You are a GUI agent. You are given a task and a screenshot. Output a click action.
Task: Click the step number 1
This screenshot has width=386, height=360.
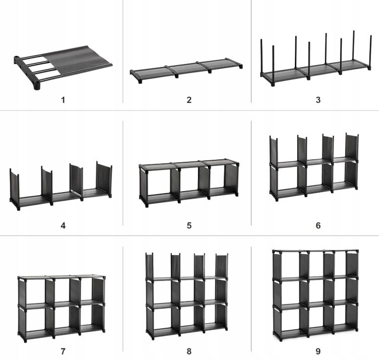click(x=63, y=100)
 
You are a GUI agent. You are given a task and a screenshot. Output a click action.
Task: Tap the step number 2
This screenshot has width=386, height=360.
click(x=189, y=100)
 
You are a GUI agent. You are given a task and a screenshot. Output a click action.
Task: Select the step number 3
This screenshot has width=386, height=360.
click(x=318, y=100)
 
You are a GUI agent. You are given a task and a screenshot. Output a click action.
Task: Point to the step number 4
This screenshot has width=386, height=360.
click(x=63, y=225)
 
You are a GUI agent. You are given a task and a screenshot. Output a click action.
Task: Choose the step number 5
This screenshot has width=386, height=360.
click(x=189, y=225)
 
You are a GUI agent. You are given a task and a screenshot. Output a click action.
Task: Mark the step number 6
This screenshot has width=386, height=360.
click(x=318, y=225)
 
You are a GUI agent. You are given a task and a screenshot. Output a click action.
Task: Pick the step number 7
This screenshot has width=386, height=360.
click(x=63, y=351)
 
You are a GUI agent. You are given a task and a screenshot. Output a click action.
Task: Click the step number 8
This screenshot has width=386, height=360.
click(x=189, y=351)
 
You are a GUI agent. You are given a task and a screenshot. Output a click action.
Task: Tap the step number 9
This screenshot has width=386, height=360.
click(x=318, y=351)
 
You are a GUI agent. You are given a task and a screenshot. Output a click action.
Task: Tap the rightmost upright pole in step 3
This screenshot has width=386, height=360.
click(x=370, y=52)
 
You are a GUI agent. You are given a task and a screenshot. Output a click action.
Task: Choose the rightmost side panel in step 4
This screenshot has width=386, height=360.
click(x=104, y=179)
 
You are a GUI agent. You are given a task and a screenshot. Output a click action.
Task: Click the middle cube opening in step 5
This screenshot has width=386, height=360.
click(x=189, y=182)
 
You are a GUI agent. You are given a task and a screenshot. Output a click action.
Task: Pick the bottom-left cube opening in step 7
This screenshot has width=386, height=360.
click(x=35, y=320)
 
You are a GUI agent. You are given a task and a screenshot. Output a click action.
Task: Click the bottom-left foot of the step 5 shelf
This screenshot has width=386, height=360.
click(x=147, y=205)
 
